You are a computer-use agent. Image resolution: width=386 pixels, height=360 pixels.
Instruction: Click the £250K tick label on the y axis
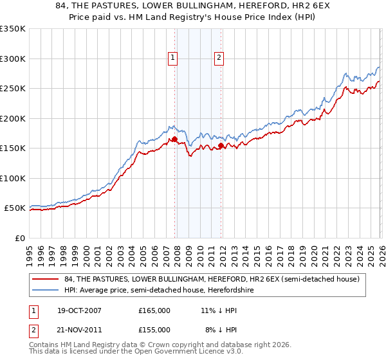click(13, 89)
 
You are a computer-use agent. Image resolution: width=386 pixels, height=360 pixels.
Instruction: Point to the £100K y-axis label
click(13, 178)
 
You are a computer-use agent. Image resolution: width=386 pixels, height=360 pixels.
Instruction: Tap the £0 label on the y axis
click(19, 238)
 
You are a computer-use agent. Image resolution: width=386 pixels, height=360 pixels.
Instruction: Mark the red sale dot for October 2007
click(174, 139)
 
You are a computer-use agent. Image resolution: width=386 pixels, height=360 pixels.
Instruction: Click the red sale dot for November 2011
click(221, 145)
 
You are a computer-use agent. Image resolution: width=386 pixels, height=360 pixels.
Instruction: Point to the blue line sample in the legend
click(46, 290)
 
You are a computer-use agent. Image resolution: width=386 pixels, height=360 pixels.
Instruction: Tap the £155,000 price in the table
click(154, 329)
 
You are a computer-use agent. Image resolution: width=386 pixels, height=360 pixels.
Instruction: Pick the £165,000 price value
click(154, 310)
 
